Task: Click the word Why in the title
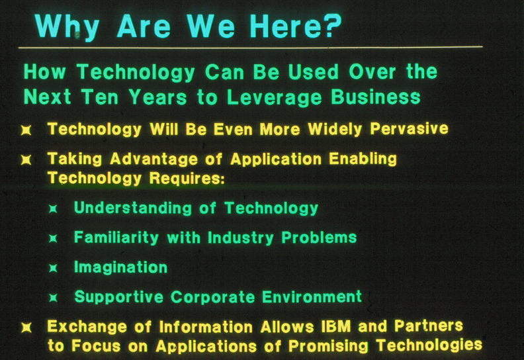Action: click(x=67, y=26)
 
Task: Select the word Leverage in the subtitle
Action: click(x=274, y=97)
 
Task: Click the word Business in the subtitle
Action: click(x=376, y=97)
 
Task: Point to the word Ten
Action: click(x=100, y=97)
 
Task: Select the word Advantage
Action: click(x=153, y=159)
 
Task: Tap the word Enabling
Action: click(x=363, y=159)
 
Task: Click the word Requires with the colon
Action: click(x=187, y=178)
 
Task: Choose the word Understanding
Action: click(x=133, y=208)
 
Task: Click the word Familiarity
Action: click(x=116, y=238)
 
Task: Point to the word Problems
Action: click(x=319, y=238)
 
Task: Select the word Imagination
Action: click(x=120, y=267)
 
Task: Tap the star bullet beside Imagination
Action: click(x=53, y=268)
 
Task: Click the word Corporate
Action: click(x=213, y=297)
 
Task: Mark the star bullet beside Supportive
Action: click(x=53, y=297)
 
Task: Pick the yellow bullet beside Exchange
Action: click(x=26, y=327)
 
